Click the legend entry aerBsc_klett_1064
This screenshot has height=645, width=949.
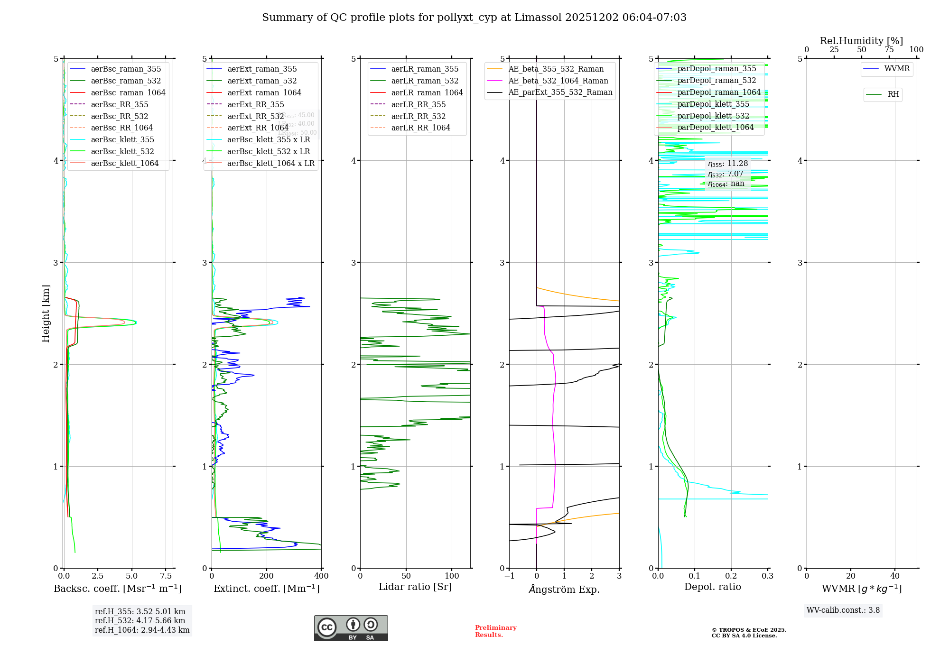[x=124, y=163]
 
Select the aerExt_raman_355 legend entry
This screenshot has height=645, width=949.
[x=262, y=69]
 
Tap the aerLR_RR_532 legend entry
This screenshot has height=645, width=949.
[x=418, y=116]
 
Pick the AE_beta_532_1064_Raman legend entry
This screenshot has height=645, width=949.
[x=558, y=81]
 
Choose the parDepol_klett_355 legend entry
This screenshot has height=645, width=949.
[x=713, y=104]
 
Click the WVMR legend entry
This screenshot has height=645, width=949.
[x=897, y=69]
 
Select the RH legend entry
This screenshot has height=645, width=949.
[x=893, y=94]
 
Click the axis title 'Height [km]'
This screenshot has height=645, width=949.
[x=46, y=313]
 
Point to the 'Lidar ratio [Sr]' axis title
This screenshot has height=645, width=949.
[x=415, y=587]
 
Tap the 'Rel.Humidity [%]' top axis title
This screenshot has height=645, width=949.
[x=861, y=41]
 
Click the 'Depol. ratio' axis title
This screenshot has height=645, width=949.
[x=712, y=587]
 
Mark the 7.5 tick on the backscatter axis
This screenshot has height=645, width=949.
[x=166, y=576]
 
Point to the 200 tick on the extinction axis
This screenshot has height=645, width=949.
[x=267, y=576]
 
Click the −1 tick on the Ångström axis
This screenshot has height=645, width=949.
[x=509, y=576]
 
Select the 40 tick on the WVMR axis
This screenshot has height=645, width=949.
[x=894, y=576]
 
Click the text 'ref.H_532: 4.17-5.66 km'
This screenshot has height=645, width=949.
[x=140, y=620]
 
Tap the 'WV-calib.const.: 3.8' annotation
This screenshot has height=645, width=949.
[x=843, y=610]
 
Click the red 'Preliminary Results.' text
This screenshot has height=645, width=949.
[x=495, y=631]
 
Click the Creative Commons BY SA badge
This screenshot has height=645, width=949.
[x=351, y=628]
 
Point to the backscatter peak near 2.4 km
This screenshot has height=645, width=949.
[x=136, y=322]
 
